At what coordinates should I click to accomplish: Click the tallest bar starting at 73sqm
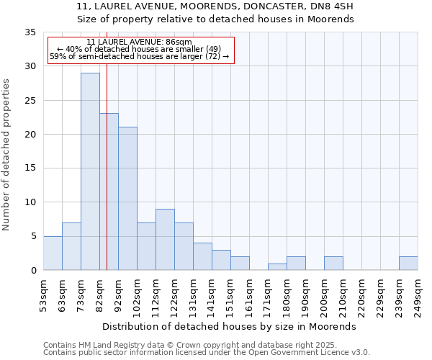(90, 171)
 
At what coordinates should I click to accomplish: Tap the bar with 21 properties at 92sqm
(127, 199)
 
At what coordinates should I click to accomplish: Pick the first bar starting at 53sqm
(53, 253)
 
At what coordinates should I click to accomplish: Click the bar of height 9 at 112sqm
(165, 240)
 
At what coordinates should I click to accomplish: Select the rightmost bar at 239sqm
(408, 264)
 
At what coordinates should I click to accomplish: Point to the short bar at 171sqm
(277, 267)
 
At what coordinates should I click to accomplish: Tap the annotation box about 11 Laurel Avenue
(140, 49)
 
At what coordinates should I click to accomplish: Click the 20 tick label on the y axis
(30, 135)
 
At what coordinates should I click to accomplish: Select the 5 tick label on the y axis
(32, 237)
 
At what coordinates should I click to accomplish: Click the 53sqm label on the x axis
(43, 293)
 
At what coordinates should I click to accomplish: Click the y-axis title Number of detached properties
(7, 155)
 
